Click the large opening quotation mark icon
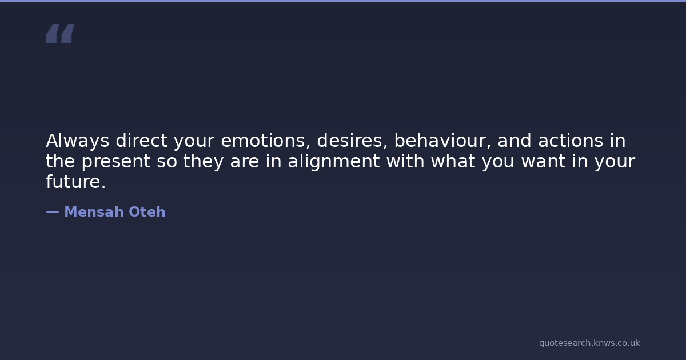[61, 33]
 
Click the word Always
[78, 141]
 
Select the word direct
[142, 141]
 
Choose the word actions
[571, 141]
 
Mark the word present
[116, 162]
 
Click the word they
[204, 161]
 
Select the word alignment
[334, 161]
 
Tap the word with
[405, 161]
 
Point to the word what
[453, 161]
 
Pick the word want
[543, 161]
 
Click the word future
[74, 181]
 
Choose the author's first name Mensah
[94, 212]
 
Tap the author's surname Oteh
[147, 212]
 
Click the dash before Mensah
[53, 212]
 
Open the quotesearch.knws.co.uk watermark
[589, 343]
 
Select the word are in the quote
[245, 162]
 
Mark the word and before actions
[514, 141]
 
